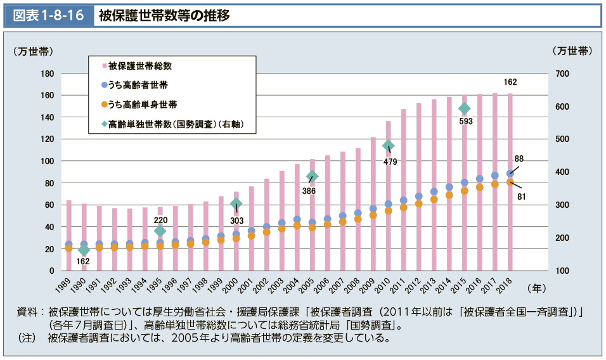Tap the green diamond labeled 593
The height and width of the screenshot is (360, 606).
pyautogui.click(x=465, y=108)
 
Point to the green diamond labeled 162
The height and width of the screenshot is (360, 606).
pyautogui.click(x=84, y=250)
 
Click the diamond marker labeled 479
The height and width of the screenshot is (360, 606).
pyautogui.click(x=389, y=146)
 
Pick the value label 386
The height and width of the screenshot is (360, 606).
pyautogui.click(x=309, y=191)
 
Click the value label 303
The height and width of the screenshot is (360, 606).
pyautogui.click(x=236, y=221)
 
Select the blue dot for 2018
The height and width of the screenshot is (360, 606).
pyautogui.click(x=510, y=174)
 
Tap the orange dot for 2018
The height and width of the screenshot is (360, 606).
pyautogui.click(x=510, y=183)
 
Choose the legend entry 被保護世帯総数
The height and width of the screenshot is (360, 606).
pyautogui.click(x=140, y=65)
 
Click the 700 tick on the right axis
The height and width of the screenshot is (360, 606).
pyautogui.click(x=565, y=74)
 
